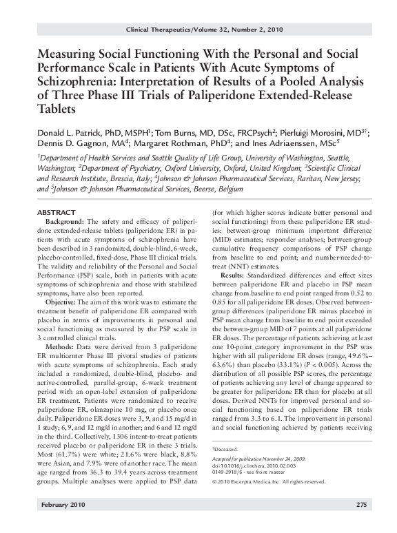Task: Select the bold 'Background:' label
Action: [66, 221]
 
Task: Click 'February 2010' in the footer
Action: [60, 524]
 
